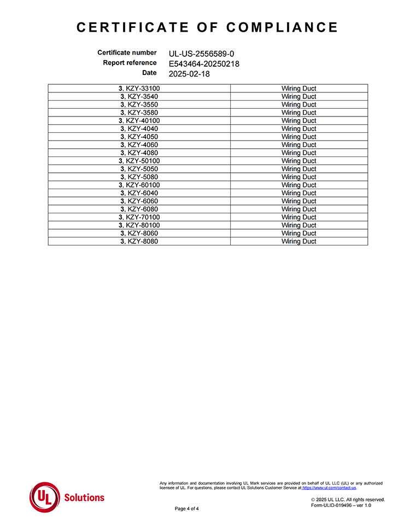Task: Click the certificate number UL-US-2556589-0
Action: pyautogui.click(x=202, y=54)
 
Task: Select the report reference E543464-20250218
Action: pyautogui.click(x=204, y=63)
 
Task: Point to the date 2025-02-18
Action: pyautogui.click(x=189, y=74)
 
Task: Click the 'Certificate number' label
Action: pyautogui.click(x=127, y=53)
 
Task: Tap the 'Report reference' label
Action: pyautogui.click(x=130, y=63)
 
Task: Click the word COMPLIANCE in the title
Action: pyautogui.click(x=282, y=27)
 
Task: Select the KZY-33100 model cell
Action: pyautogui.click(x=139, y=89)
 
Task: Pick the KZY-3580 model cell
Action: pyautogui.click(x=139, y=113)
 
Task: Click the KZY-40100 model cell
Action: pyautogui.click(x=139, y=121)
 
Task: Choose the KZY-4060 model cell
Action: pyautogui.click(x=139, y=145)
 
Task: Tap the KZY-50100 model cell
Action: pyautogui.click(x=139, y=161)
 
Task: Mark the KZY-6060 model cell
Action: pyautogui.click(x=139, y=201)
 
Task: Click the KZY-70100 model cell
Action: pyautogui.click(x=139, y=217)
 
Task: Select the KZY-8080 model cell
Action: pyautogui.click(x=139, y=241)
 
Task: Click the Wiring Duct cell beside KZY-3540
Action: pyautogui.click(x=298, y=97)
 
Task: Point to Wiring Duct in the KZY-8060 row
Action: pyautogui.click(x=298, y=234)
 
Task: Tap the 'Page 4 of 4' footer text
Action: pyautogui.click(x=186, y=509)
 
